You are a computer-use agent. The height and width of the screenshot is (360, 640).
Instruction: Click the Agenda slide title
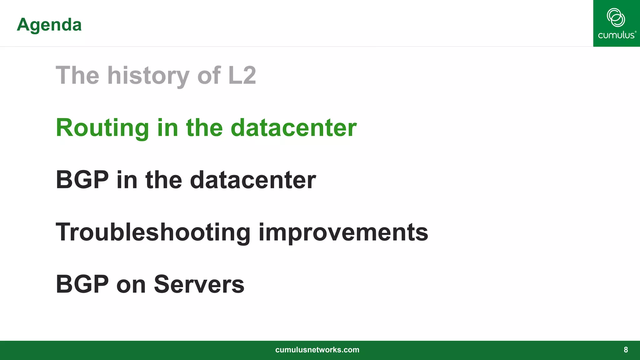pos(49,25)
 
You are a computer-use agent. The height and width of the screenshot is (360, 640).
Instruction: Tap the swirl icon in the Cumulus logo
pos(616,17)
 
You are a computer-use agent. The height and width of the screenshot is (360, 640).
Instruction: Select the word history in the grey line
pos(148,76)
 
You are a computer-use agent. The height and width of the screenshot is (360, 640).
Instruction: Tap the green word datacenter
pos(293,128)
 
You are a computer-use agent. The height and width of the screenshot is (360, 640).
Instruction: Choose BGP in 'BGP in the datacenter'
pos(82,180)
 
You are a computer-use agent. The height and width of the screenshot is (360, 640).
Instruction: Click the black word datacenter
pos(253,180)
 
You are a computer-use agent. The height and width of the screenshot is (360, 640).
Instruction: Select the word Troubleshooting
pos(153,232)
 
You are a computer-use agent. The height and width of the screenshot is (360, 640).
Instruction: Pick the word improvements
pos(343,232)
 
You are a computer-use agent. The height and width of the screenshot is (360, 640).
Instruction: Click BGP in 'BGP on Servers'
pos(82,284)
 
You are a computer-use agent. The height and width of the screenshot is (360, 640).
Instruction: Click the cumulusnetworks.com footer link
pos(317,350)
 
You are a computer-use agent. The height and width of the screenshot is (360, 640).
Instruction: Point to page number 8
pos(626,350)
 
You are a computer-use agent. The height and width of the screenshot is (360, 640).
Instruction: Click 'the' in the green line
pos(204,128)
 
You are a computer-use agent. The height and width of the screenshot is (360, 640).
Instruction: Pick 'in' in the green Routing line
pos(167,128)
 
